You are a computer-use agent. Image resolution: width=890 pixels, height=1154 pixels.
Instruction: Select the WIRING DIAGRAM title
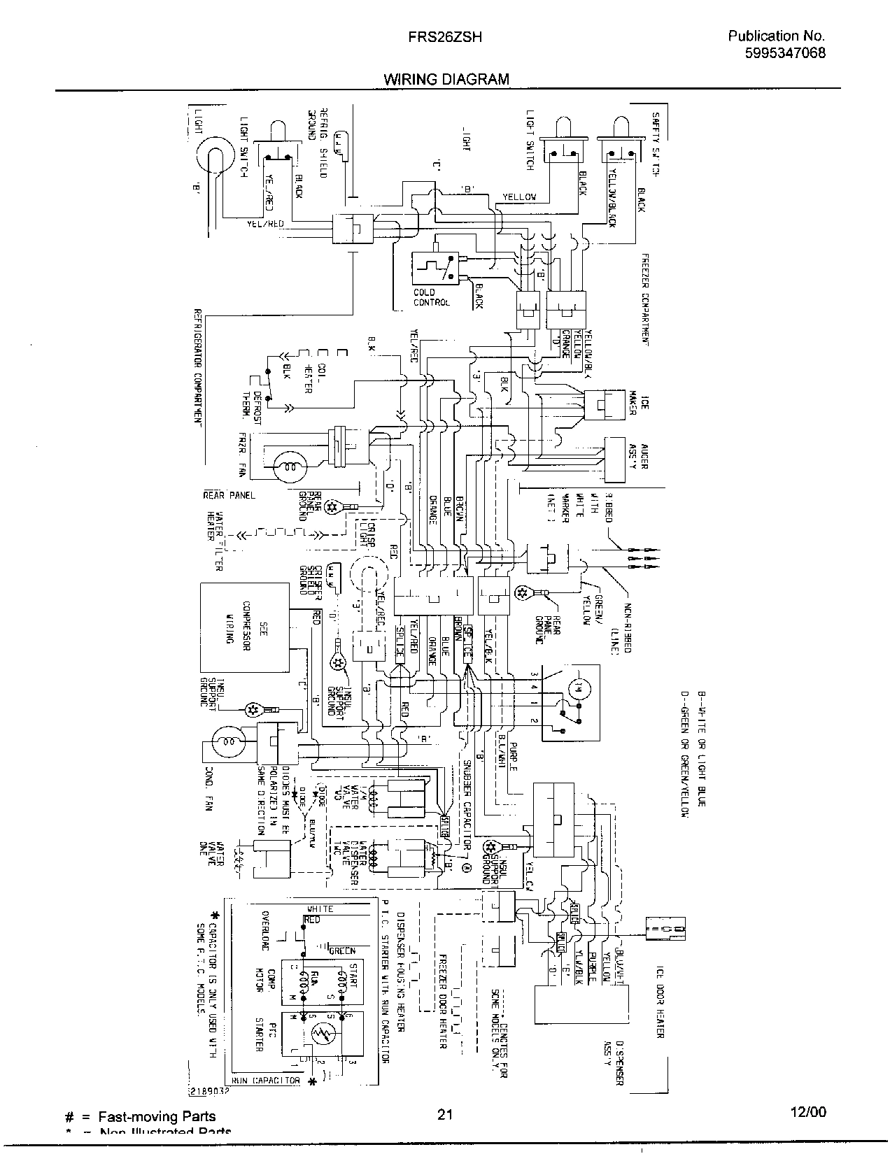446,79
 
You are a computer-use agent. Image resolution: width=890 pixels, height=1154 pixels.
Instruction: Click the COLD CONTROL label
428,297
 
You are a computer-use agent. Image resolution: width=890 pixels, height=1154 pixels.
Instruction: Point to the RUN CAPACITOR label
265,1080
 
